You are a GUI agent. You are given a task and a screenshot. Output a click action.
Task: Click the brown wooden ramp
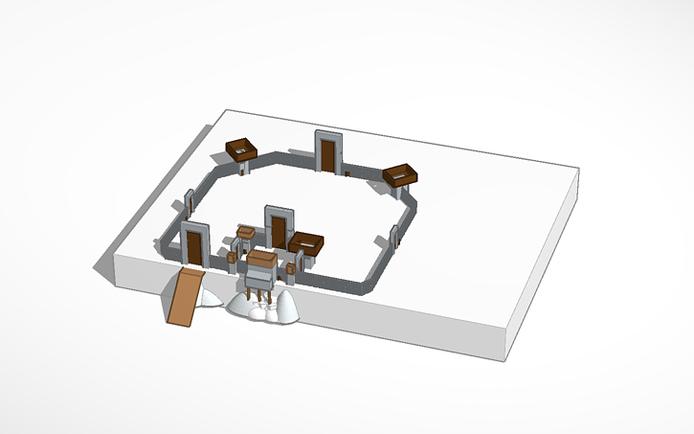[x=186, y=298]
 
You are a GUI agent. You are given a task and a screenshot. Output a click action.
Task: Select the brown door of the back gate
[x=327, y=154]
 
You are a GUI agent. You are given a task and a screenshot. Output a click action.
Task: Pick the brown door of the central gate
[x=278, y=231]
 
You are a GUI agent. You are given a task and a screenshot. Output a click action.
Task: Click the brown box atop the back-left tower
[x=243, y=148]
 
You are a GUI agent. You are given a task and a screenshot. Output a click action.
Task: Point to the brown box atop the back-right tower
[x=402, y=173]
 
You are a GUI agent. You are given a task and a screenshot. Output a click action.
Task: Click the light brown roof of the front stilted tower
[x=261, y=258]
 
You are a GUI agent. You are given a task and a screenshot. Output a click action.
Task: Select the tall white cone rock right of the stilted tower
[x=285, y=308]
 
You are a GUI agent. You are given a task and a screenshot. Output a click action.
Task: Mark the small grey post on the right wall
[x=393, y=239]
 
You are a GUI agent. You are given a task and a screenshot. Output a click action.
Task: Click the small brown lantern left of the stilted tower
[x=233, y=258]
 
